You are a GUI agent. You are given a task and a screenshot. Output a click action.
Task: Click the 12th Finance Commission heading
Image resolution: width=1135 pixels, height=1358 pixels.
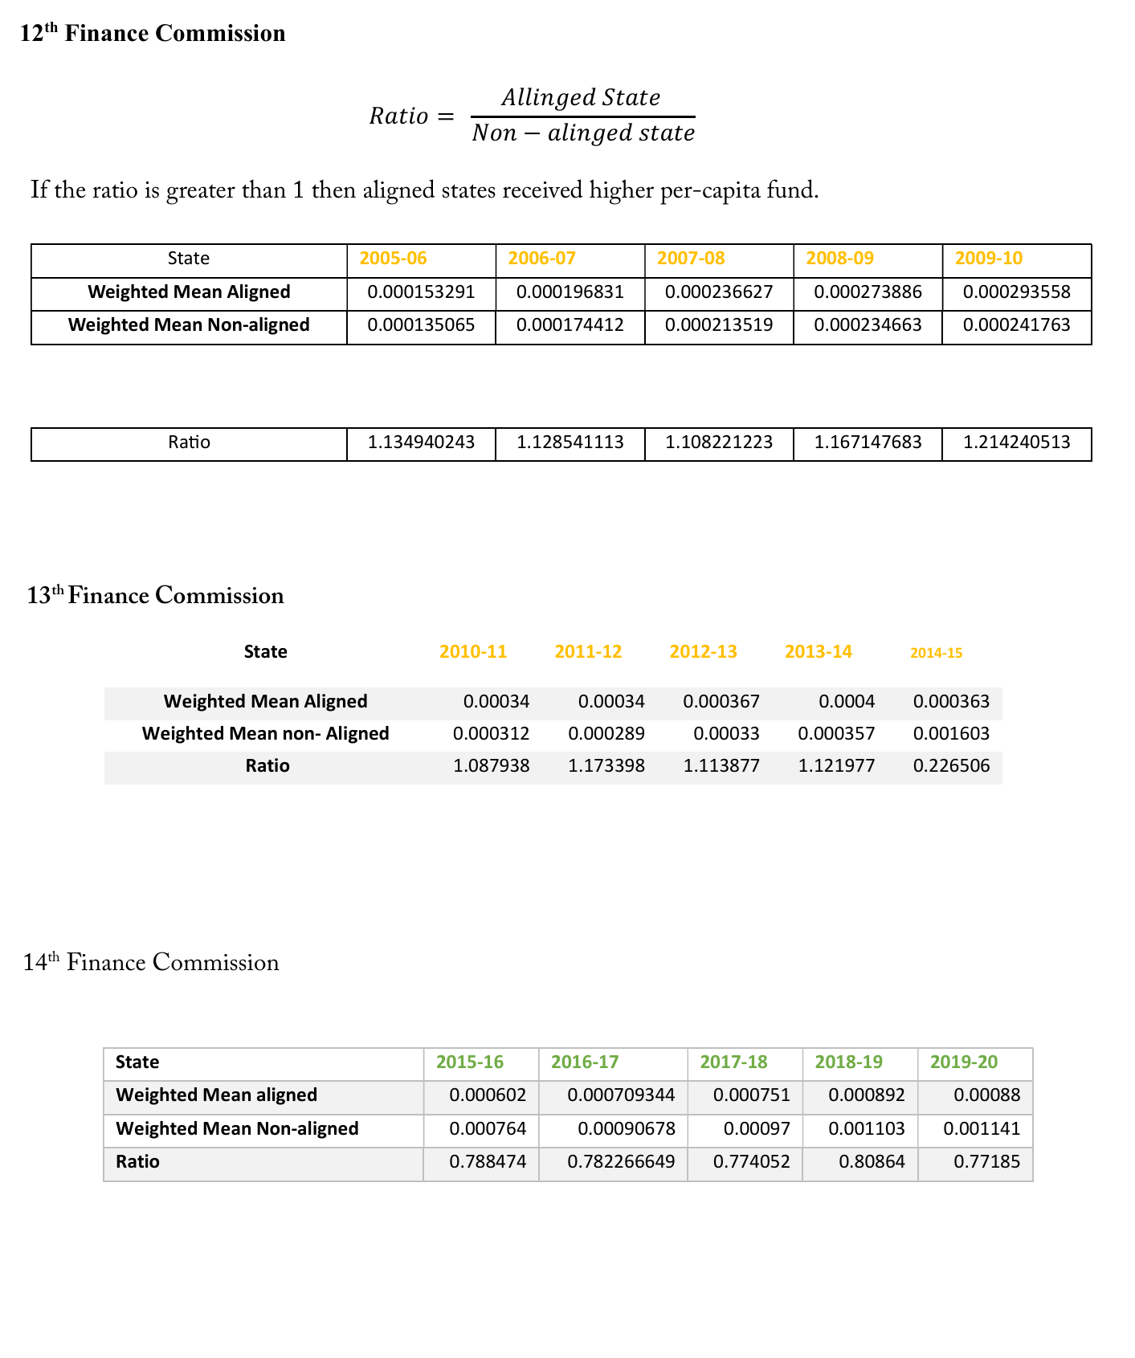pyautogui.click(x=153, y=34)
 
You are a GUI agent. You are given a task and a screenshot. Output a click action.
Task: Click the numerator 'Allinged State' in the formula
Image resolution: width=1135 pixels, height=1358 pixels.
pyautogui.click(x=581, y=98)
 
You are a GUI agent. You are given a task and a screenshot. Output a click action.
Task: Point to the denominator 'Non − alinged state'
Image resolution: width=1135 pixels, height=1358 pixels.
pyautogui.click(x=583, y=133)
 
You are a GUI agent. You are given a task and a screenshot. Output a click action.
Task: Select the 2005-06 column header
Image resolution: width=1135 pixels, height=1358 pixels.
pyautogui.click(x=393, y=259)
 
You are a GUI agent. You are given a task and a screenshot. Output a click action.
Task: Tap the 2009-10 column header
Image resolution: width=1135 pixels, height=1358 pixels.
pyautogui.click(x=988, y=259)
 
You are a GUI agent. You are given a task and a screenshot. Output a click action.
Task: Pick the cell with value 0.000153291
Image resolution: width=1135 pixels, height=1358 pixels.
pyautogui.click(x=421, y=292)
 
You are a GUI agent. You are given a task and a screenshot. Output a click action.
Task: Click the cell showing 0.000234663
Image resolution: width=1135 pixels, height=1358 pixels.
pyautogui.click(x=868, y=325)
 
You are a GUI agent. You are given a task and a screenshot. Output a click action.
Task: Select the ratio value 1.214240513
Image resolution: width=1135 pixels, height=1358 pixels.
pyautogui.click(x=1016, y=442)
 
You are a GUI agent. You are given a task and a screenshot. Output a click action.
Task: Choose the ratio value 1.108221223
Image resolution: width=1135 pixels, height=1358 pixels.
pyautogui.click(x=718, y=442)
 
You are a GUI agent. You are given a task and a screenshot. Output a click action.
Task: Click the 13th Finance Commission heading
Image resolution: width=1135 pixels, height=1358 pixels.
pyautogui.click(x=155, y=596)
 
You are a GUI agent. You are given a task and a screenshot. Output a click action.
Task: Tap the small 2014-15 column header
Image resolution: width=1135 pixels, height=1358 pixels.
pyautogui.click(x=936, y=653)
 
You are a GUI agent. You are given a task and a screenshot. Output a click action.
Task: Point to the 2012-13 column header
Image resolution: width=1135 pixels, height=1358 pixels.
pyautogui.click(x=703, y=652)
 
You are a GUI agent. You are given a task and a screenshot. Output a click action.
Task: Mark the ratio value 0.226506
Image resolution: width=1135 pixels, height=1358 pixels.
pyautogui.click(x=951, y=766)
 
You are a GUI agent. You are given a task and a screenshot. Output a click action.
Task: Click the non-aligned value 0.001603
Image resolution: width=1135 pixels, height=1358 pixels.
pyautogui.click(x=951, y=734)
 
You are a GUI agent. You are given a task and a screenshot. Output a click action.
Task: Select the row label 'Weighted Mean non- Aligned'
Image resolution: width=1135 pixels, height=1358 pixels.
pyautogui.click(x=265, y=734)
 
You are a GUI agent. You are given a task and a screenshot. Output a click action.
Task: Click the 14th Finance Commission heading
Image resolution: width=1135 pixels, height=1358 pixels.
pyautogui.click(x=151, y=962)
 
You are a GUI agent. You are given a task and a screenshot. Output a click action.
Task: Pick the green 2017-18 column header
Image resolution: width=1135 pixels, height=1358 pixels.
pyautogui.click(x=733, y=1062)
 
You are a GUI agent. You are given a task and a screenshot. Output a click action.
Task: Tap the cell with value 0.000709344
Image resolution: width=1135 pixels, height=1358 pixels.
pyautogui.click(x=621, y=1095)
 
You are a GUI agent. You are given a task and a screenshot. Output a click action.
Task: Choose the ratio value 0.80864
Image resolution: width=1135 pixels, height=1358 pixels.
pyautogui.click(x=872, y=1162)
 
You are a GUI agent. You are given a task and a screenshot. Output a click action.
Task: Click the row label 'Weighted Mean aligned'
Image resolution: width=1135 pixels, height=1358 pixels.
pyautogui.click(x=217, y=1095)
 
